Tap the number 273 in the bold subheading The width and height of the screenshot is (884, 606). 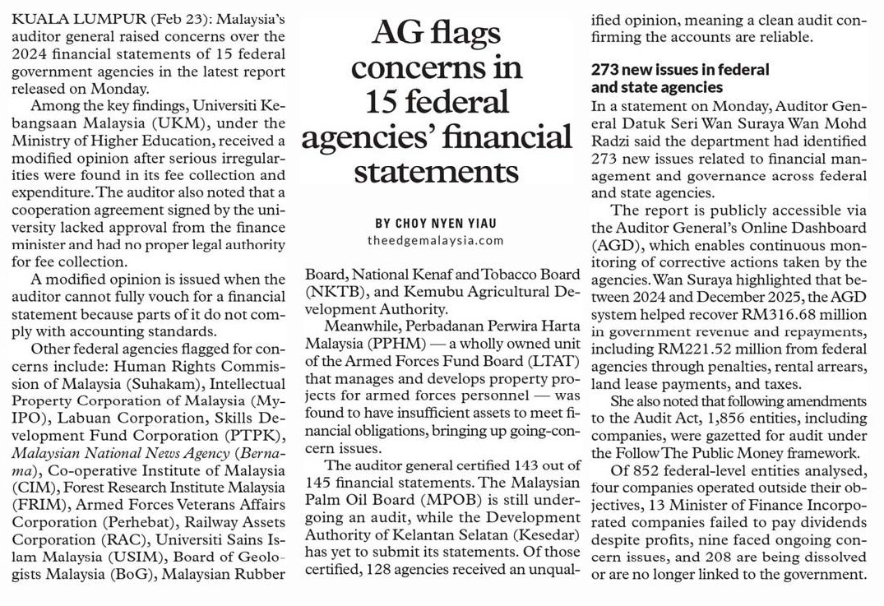click(x=608, y=70)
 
